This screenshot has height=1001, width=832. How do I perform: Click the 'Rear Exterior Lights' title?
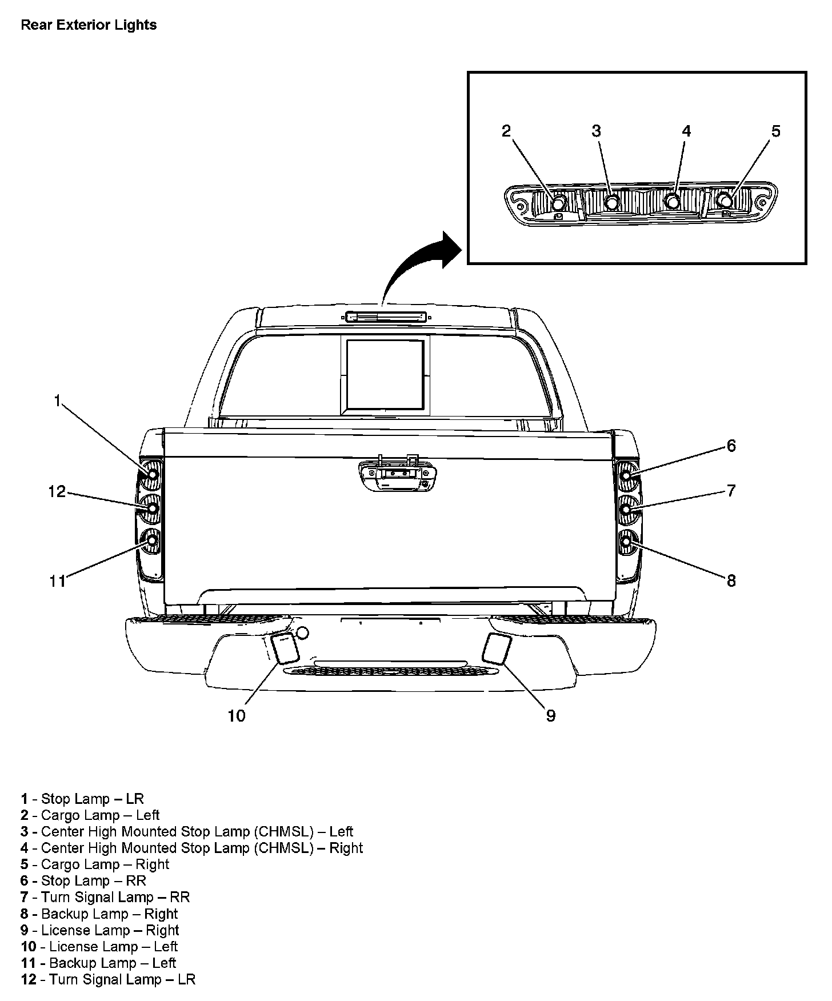click(x=89, y=25)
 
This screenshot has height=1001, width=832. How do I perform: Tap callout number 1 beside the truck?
click(x=57, y=401)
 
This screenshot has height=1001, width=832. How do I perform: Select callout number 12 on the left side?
click(x=57, y=491)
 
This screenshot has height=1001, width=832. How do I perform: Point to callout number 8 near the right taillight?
click(x=731, y=581)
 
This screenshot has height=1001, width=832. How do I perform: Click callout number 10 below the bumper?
click(x=237, y=715)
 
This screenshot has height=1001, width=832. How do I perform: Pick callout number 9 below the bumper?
click(x=551, y=715)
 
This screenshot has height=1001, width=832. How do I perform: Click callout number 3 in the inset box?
click(x=596, y=131)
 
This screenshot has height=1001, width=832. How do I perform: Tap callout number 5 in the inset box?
click(x=775, y=131)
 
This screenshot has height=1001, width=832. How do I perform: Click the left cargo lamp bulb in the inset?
click(x=558, y=202)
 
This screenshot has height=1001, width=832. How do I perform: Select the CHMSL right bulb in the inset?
click(x=673, y=202)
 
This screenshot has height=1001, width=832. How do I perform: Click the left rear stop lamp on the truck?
click(x=153, y=474)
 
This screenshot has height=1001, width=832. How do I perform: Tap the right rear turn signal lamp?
click(x=626, y=508)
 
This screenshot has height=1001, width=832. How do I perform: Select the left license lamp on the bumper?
click(x=284, y=648)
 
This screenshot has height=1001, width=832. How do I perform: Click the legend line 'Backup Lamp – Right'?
click(x=99, y=914)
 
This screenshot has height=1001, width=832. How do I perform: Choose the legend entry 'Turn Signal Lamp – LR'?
click(x=108, y=979)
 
